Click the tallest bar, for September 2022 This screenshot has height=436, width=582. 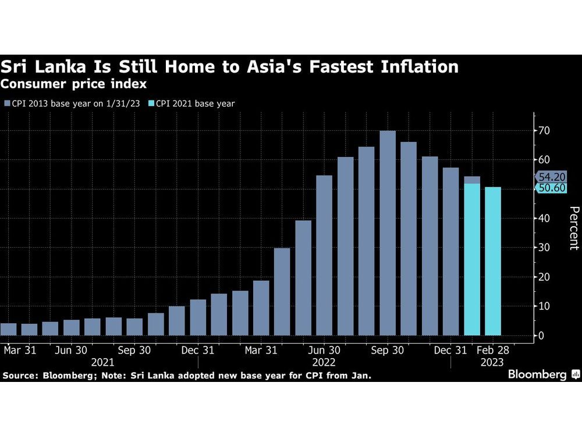click(388, 233)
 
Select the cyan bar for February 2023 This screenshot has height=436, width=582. click(493, 261)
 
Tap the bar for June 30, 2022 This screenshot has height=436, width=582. click(324, 255)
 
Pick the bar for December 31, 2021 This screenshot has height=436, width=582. click(198, 317)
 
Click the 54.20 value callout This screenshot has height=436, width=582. click(549, 177)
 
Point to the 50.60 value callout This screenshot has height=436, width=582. click(549, 188)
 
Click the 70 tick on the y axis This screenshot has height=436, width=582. click(544, 130)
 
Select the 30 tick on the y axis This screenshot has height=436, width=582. click(544, 248)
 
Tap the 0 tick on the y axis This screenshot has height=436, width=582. click(541, 336)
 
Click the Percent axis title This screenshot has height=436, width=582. click(573, 228)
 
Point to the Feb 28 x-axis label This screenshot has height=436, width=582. click(493, 351)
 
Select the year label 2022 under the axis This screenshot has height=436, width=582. click(325, 362)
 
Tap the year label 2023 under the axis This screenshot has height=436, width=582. click(492, 362)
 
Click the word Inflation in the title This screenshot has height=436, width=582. click(408, 67)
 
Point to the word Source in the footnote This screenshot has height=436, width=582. click(18, 376)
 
